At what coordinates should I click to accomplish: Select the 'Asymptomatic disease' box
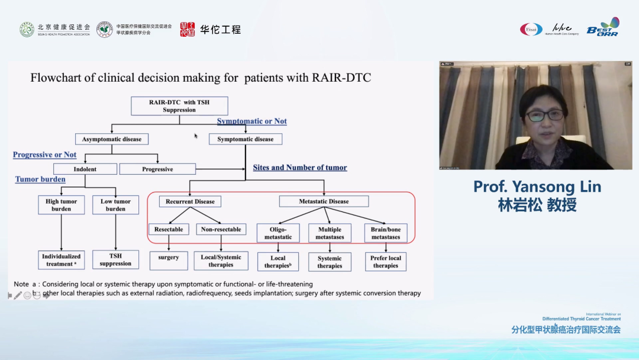(x=111, y=139)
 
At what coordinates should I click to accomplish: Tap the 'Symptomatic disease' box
(x=246, y=139)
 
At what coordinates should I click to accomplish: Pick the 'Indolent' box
(x=85, y=169)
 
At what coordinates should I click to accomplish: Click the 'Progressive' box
(x=157, y=169)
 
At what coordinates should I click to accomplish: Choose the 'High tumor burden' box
(x=62, y=205)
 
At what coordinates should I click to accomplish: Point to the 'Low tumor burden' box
(x=115, y=205)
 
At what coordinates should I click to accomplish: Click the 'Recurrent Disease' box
(x=189, y=201)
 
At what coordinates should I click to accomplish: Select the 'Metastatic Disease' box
(x=324, y=201)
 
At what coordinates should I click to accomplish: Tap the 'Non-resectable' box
(x=221, y=229)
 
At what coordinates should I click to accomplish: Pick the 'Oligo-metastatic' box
(x=278, y=233)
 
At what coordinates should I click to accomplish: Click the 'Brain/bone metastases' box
(x=385, y=233)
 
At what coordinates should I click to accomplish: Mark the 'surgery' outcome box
(x=169, y=258)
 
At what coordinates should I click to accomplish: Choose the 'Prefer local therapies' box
(x=385, y=262)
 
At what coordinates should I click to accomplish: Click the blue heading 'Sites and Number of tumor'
(x=300, y=168)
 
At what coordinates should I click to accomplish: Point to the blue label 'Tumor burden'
(x=40, y=179)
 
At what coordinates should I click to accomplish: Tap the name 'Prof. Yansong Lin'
(x=537, y=187)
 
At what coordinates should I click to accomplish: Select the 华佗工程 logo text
(x=220, y=29)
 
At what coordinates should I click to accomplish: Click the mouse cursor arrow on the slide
(x=196, y=136)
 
